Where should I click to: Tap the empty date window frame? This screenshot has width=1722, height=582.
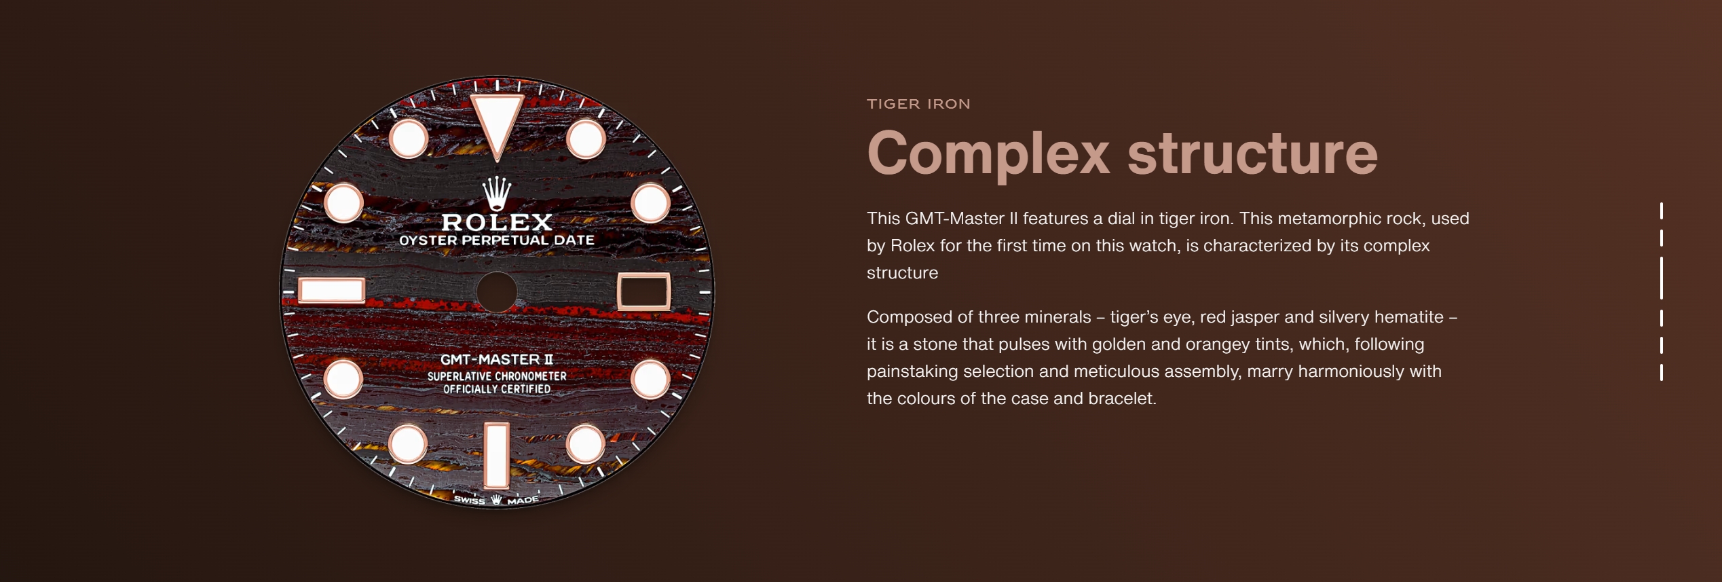643,274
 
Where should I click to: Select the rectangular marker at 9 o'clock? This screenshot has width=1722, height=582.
332,291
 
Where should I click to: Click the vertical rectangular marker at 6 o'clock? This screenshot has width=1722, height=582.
497,455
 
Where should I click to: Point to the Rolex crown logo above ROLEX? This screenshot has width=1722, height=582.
497,194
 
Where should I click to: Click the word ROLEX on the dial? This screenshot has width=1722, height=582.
497,222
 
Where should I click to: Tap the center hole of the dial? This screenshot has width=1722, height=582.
497,292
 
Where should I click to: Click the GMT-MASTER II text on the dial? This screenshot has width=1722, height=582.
497,359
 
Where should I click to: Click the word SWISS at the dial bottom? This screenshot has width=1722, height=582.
470,500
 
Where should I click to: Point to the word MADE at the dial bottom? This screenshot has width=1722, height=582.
523,501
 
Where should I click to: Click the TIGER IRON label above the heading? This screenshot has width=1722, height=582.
918,104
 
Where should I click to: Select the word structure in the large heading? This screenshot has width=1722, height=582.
1252,153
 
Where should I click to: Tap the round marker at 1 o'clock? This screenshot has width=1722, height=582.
586,139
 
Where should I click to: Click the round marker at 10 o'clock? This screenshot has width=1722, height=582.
344,203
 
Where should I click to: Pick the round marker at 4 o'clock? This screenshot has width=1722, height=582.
650,379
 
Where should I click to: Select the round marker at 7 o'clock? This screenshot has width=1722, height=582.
408,444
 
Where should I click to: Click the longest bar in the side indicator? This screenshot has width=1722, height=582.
1661,278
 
